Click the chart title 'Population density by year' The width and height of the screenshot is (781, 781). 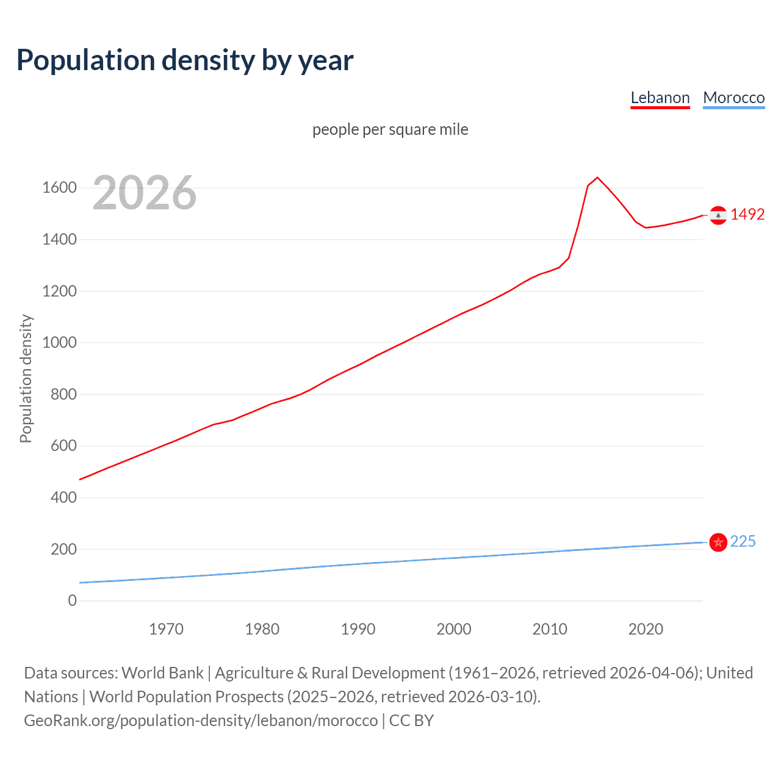[185, 60]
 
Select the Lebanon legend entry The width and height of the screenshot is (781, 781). [660, 98]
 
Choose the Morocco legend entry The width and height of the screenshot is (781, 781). [733, 98]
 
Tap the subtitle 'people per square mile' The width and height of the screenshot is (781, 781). [390, 130]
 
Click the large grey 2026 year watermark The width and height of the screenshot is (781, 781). [145, 193]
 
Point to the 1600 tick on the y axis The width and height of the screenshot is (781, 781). [59, 188]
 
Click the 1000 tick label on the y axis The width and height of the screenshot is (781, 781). [59, 343]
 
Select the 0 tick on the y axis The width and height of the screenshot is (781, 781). [73, 601]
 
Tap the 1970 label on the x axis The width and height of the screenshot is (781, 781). [166, 629]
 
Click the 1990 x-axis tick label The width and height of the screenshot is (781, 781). [358, 629]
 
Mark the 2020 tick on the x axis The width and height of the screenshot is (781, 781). [646, 629]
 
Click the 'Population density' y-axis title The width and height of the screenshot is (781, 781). [26, 378]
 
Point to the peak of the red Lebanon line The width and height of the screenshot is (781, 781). [597, 178]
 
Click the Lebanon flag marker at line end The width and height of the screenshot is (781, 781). [718, 215]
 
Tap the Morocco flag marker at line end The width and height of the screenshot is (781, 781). [718, 542]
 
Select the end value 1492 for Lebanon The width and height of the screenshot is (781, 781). [747, 215]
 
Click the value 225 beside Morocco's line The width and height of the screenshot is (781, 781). [743, 542]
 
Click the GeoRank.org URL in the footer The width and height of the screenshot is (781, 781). [201, 721]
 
